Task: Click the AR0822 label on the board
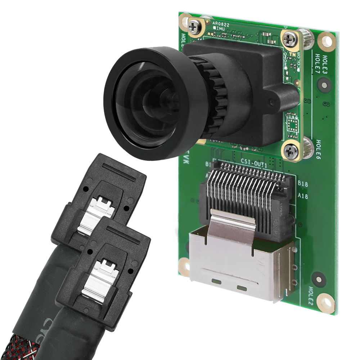[x=221, y=23]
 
